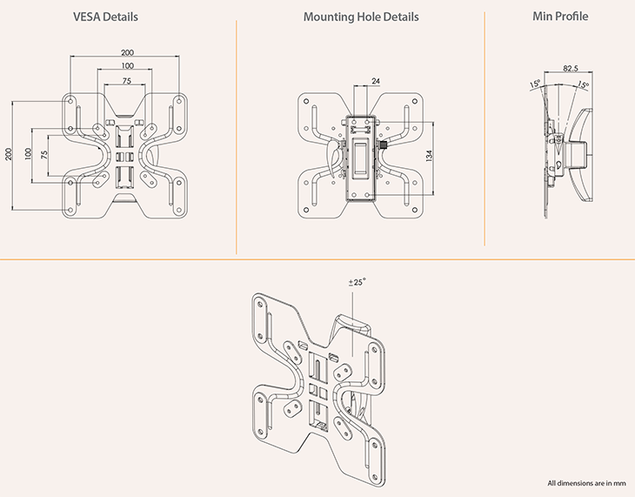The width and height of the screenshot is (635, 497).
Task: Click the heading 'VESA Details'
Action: [x=104, y=17]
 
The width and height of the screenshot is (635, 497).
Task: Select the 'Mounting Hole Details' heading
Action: [x=361, y=17]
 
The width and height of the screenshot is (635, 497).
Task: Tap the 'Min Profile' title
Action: [x=559, y=17]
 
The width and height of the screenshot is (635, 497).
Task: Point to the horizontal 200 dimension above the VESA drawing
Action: [x=127, y=52]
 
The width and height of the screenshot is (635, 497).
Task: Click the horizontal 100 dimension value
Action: [x=127, y=66]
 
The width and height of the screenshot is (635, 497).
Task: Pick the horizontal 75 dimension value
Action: [x=127, y=80]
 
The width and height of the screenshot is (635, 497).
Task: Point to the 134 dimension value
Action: [x=429, y=154]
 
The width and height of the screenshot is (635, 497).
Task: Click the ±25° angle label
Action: [x=357, y=281]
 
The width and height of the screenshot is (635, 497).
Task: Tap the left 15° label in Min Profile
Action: [x=534, y=84]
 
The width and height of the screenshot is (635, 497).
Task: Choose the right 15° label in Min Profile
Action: [x=581, y=85]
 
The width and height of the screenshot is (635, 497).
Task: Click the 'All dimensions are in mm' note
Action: [x=586, y=483]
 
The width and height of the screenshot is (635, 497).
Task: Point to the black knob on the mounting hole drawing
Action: [x=384, y=145]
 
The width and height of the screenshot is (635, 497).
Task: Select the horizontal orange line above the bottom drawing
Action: [x=317, y=259]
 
